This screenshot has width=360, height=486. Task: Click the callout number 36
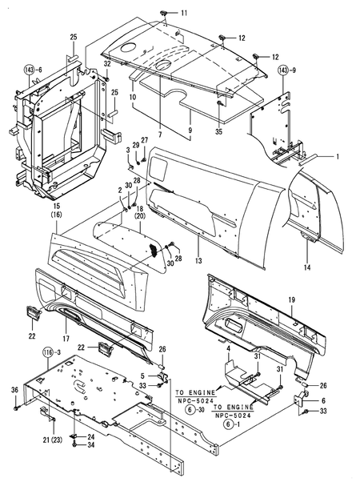(x=14, y=389)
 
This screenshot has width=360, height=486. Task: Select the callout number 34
(x=90, y=445)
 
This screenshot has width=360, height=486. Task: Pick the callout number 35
(x=219, y=123)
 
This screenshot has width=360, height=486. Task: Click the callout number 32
(x=107, y=63)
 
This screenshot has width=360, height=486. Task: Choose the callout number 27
(x=145, y=140)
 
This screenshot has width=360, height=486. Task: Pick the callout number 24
(x=90, y=436)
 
